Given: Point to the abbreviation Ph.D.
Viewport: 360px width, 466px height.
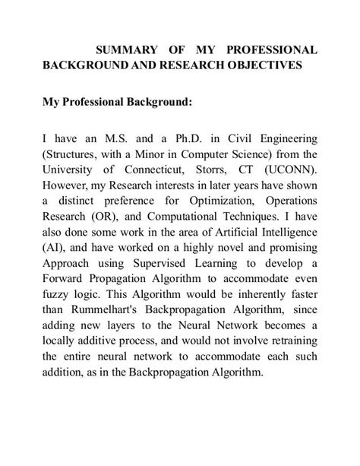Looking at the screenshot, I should point(169,139).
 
